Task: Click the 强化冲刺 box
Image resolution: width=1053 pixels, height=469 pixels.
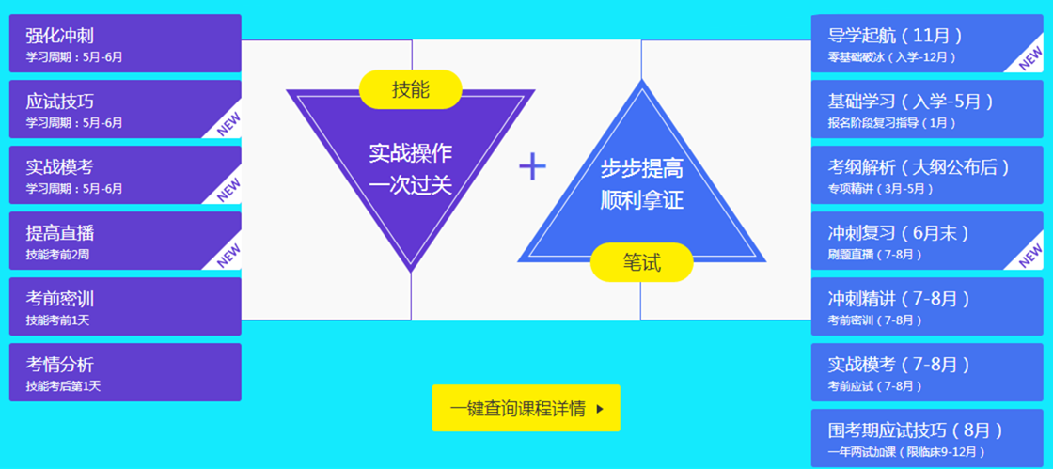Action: point(125,43)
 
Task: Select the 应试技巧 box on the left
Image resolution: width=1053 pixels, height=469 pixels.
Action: point(125,109)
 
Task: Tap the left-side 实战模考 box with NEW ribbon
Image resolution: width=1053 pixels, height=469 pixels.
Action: point(125,175)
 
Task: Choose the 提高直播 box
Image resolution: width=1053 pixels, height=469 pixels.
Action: point(125,241)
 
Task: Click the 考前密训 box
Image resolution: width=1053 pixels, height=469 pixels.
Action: point(125,306)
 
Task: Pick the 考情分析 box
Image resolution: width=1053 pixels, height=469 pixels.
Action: point(125,372)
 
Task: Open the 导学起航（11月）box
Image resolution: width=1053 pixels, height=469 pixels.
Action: point(926,43)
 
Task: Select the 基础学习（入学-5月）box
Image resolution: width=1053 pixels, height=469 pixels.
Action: point(926,109)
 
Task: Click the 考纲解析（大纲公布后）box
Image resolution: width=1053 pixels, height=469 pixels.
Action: point(926,175)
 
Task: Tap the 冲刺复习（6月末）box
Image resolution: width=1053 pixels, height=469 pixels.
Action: point(926,241)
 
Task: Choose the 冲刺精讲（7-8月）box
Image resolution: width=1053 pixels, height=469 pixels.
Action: point(926,306)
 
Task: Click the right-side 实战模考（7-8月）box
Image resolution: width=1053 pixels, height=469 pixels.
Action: point(926,372)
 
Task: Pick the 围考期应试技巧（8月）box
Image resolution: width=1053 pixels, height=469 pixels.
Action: point(926,438)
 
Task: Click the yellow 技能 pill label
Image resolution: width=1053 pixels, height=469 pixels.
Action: point(411,89)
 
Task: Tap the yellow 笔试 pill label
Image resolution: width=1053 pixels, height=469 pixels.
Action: point(641,262)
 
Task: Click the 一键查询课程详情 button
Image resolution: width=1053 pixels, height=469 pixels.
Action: point(526,408)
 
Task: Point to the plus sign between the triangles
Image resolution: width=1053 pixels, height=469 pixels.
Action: point(532,166)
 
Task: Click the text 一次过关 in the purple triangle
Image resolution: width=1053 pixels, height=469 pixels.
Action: point(411,184)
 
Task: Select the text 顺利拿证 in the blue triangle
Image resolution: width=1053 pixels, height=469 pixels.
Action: point(641,200)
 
